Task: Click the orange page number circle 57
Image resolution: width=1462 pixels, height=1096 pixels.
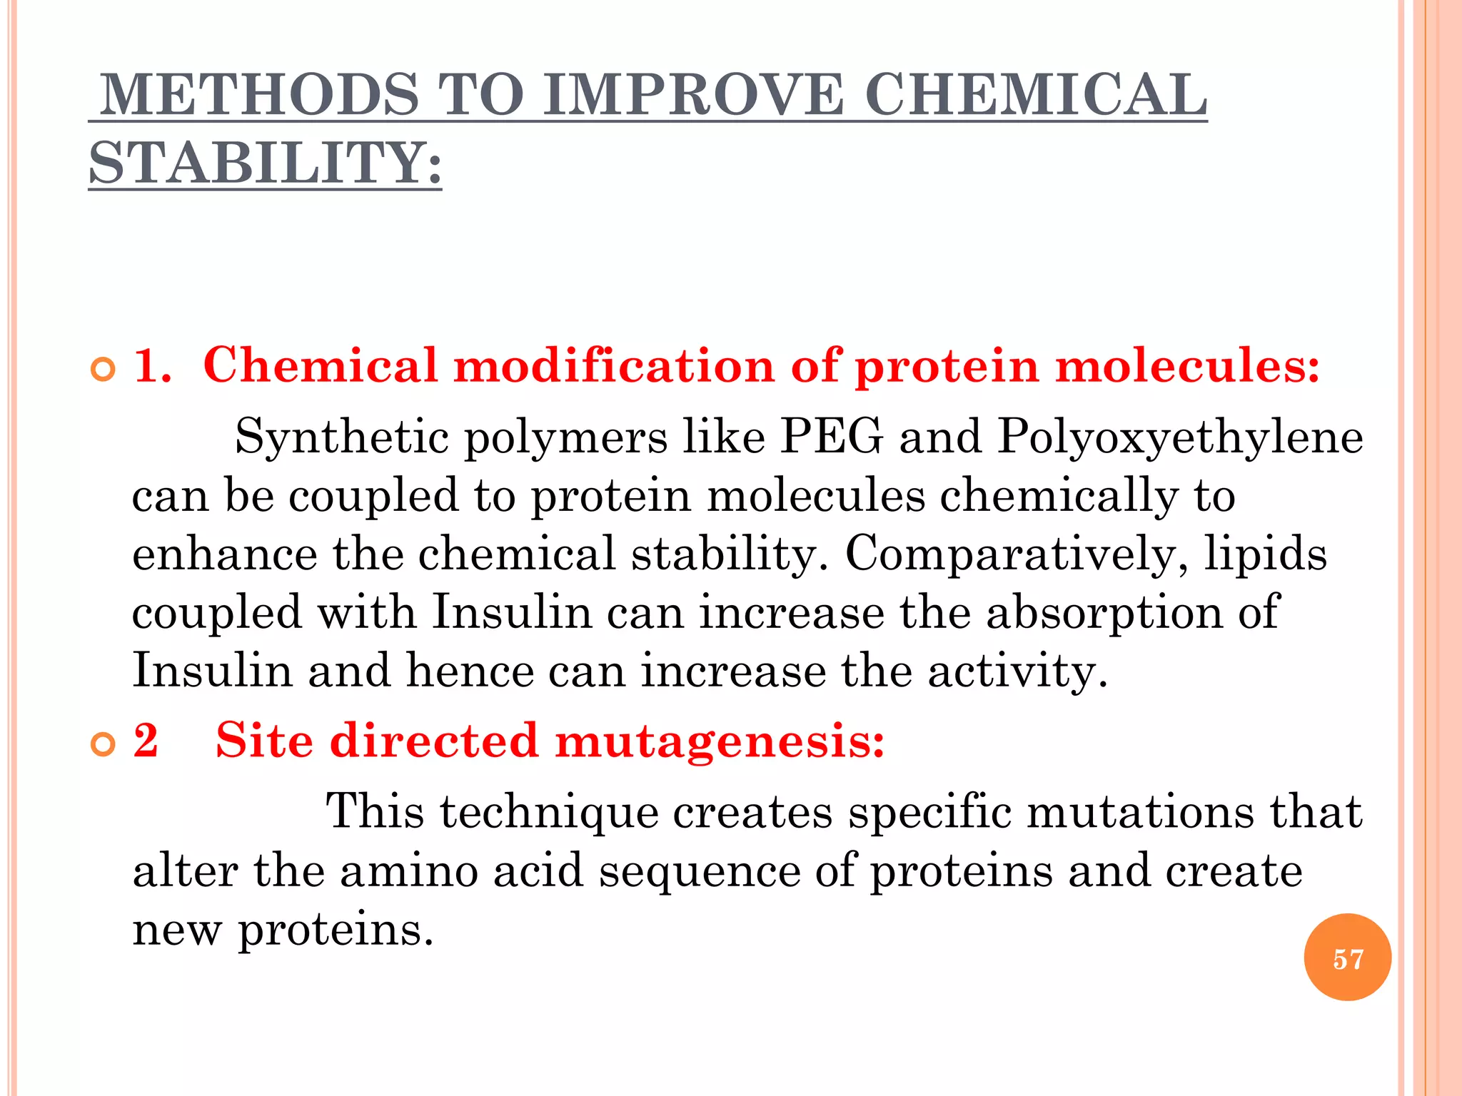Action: [1347, 958]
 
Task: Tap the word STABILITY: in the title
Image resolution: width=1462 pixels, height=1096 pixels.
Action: [265, 163]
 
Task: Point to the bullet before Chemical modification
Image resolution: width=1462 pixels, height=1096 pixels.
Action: [104, 370]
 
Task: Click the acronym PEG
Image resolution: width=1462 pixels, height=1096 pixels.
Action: [832, 436]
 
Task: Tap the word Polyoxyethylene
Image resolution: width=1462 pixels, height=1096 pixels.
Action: [1179, 437]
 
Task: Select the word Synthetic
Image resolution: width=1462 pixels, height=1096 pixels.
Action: [342, 437]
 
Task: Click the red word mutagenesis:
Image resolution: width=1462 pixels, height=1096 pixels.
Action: [720, 742]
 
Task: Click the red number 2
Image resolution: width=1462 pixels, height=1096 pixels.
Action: [146, 740]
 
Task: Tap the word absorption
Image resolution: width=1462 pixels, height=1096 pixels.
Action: [1104, 613]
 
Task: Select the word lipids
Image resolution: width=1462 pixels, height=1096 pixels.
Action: [1265, 554]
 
